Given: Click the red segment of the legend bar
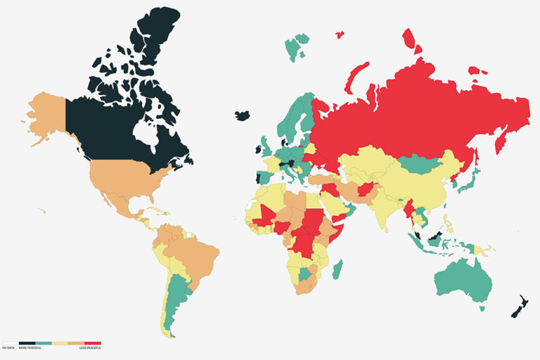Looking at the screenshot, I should pyautogui.click(x=93, y=343).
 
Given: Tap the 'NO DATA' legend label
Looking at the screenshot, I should pyautogui.click(x=8, y=348).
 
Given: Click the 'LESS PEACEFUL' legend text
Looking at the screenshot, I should pyautogui.click(x=90, y=348).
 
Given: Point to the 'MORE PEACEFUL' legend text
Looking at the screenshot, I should pyautogui.click(x=30, y=348).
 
